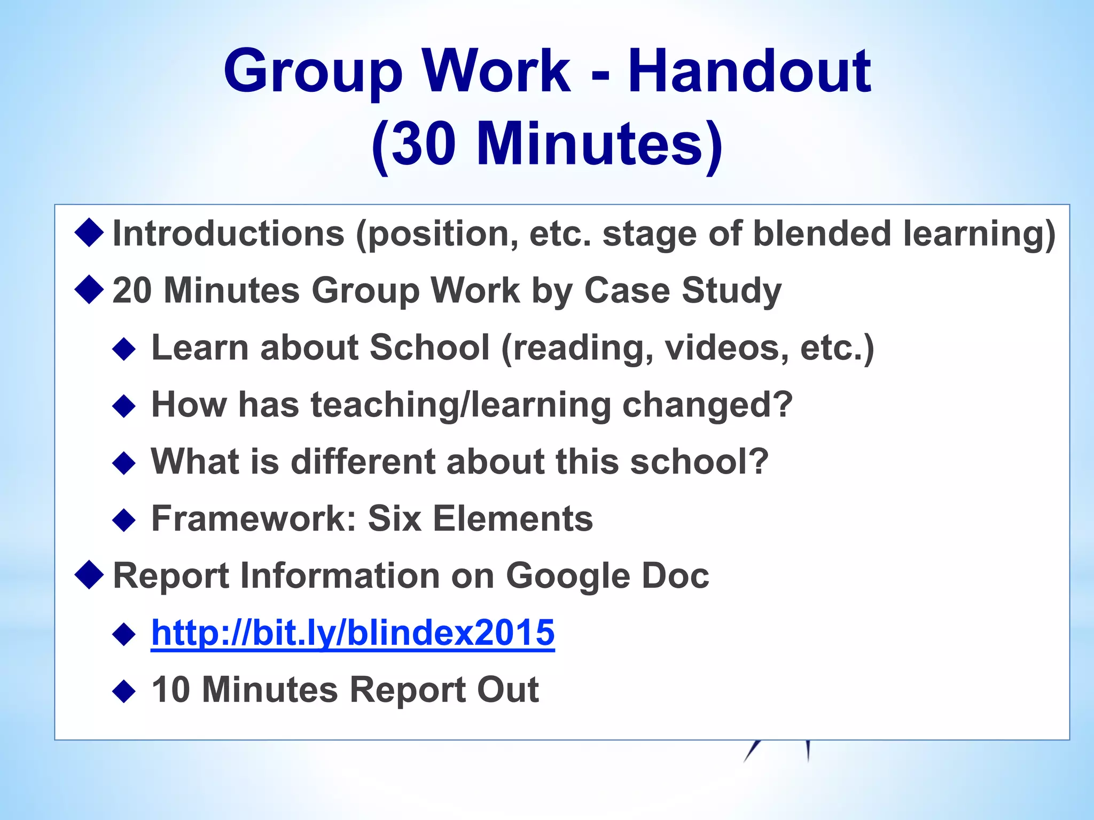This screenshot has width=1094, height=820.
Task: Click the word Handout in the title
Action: [749, 71]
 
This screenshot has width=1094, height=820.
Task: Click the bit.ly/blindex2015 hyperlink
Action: [353, 633]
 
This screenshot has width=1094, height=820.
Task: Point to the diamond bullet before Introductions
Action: [89, 233]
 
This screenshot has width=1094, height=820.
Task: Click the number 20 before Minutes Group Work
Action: [132, 291]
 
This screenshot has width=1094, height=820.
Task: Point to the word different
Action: [363, 462]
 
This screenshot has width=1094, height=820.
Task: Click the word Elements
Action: [513, 519]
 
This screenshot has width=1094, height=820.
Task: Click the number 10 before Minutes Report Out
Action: [171, 690]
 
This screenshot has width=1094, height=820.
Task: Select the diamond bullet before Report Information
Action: [89, 575]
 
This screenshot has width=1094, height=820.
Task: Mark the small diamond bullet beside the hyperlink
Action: [124, 634]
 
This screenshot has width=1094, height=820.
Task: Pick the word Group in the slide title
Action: [312, 71]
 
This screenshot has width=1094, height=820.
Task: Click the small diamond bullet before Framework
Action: [124, 520]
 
